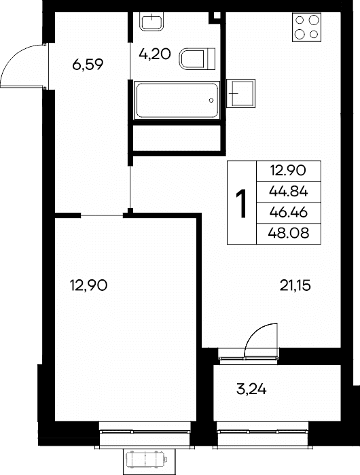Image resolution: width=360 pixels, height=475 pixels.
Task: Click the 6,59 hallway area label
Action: coord(88,65)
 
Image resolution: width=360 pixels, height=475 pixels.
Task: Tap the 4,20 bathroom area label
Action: coord(155,54)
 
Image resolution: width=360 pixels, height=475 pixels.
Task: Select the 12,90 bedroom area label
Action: coord(88,285)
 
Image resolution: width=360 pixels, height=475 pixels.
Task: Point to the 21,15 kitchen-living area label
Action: coord(295,285)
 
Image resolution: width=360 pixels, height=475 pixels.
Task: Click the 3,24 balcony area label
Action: coord(251,389)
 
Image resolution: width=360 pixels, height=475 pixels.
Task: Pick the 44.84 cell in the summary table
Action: coord(288,192)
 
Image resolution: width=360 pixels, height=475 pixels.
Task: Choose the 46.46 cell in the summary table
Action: coord(288,213)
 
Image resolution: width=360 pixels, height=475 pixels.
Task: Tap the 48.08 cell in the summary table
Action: coord(288,234)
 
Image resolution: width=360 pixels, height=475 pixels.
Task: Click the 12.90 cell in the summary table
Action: coord(288,171)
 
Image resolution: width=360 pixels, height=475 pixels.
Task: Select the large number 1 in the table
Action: coord(241,203)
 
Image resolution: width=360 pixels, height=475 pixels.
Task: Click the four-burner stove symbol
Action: coord(306,27)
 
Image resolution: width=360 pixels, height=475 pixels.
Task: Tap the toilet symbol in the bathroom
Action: coord(198,58)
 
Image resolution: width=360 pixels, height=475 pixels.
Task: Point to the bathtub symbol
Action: coord(177,101)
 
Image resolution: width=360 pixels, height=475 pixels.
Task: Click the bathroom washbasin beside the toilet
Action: coord(151,22)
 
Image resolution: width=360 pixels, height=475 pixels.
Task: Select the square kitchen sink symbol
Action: coord(240,93)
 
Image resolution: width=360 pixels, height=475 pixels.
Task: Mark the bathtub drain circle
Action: coord(211,101)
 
